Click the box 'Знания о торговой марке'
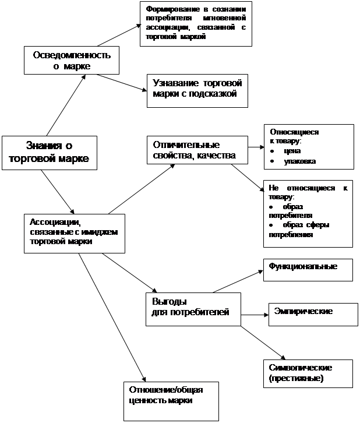click(x=49, y=153)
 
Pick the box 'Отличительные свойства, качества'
click(x=197, y=150)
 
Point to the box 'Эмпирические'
click(x=312, y=313)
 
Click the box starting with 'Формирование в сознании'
click(x=196, y=24)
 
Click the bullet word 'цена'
click(x=292, y=151)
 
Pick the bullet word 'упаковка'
click(x=299, y=161)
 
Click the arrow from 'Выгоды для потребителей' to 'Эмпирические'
click(x=253, y=315)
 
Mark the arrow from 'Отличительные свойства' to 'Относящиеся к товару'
click(x=255, y=147)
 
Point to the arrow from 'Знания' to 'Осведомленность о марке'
click(x=65, y=105)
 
